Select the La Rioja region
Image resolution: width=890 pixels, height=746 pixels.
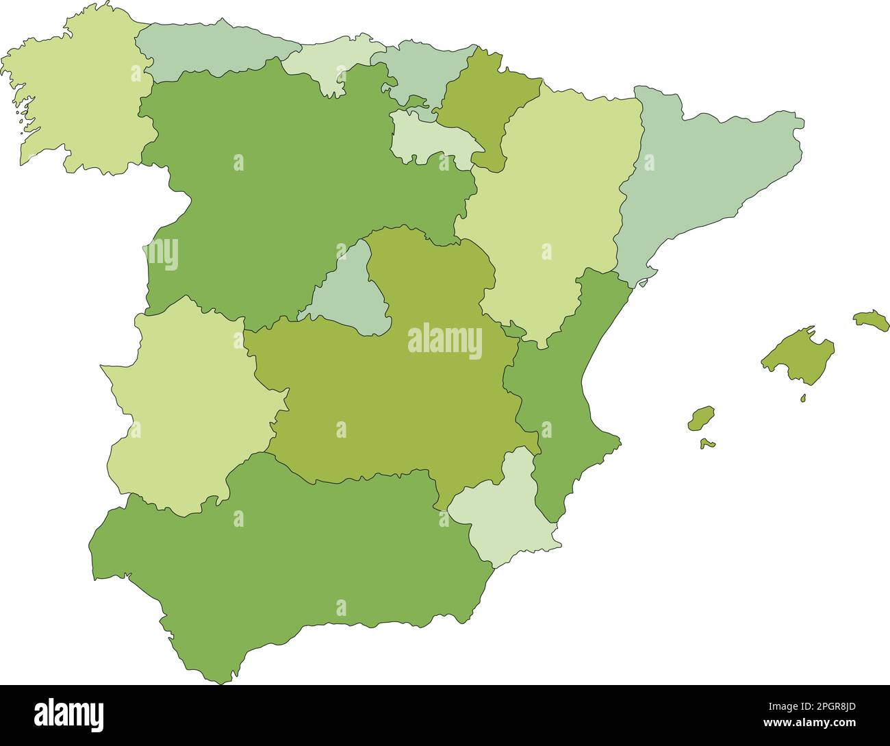tap(428, 137)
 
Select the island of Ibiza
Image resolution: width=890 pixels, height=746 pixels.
tap(701, 418)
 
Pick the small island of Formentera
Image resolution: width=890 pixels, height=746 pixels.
tap(708, 444)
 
